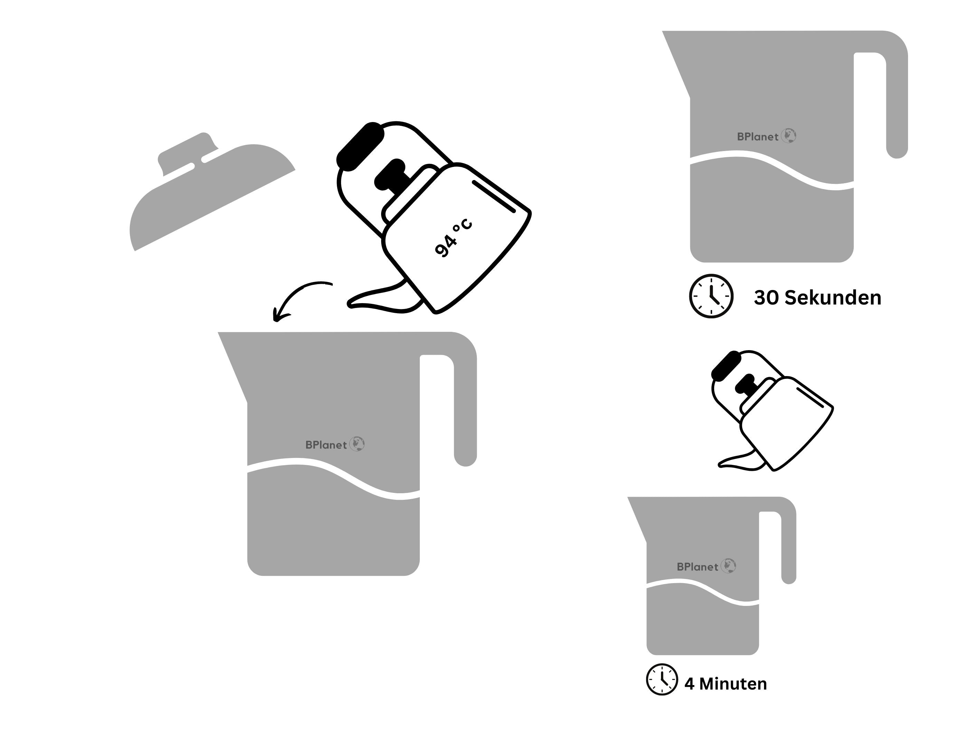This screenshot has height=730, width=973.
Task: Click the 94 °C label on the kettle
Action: point(453,237)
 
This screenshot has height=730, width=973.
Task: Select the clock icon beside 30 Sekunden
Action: point(711,296)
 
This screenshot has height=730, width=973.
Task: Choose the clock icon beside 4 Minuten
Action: point(662,680)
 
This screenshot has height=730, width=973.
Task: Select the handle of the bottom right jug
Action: point(789,546)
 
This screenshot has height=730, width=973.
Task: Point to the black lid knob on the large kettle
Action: point(390,174)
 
